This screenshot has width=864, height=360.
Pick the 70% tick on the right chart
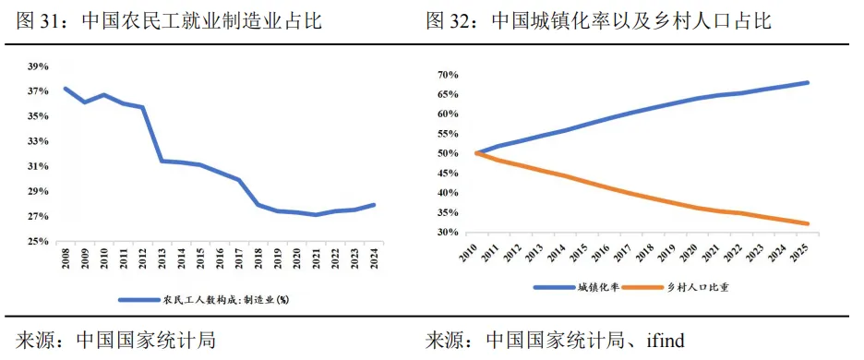coord(448,75)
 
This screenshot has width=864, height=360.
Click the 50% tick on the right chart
coord(448,153)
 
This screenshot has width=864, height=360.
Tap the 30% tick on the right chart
coord(448,233)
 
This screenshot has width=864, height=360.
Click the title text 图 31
coord(42,20)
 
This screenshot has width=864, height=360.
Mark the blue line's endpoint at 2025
coord(808,82)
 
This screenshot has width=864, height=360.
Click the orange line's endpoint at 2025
coord(808,223)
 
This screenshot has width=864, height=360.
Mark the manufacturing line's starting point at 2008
coord(66,89)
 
